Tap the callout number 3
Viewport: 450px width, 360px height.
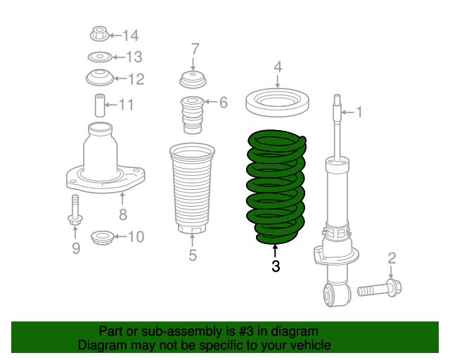(x=276, y=266)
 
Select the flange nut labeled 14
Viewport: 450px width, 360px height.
(x=100, y=34)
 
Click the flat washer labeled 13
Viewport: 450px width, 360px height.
(x=100, y=57)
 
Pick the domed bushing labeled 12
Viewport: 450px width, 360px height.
(x=100, y=77)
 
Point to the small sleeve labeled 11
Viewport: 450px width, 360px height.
(x=100, y=105)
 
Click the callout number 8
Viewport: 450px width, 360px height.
(x=123, y=214)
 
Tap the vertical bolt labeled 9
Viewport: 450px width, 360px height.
(x=75, y=210)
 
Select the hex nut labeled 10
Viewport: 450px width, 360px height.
(x=102, y=238)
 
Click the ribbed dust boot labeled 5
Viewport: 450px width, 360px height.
(x=192, y=188)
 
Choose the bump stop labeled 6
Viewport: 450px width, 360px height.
(x=192, y=115)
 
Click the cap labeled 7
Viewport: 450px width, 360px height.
(x=193, y=79)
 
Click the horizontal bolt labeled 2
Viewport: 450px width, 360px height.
(x=380, y=288)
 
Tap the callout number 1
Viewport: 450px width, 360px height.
(x=359, y=112)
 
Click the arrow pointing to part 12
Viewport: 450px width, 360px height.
(x=120, y=78)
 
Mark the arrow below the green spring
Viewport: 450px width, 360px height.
(x=275, y=251)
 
